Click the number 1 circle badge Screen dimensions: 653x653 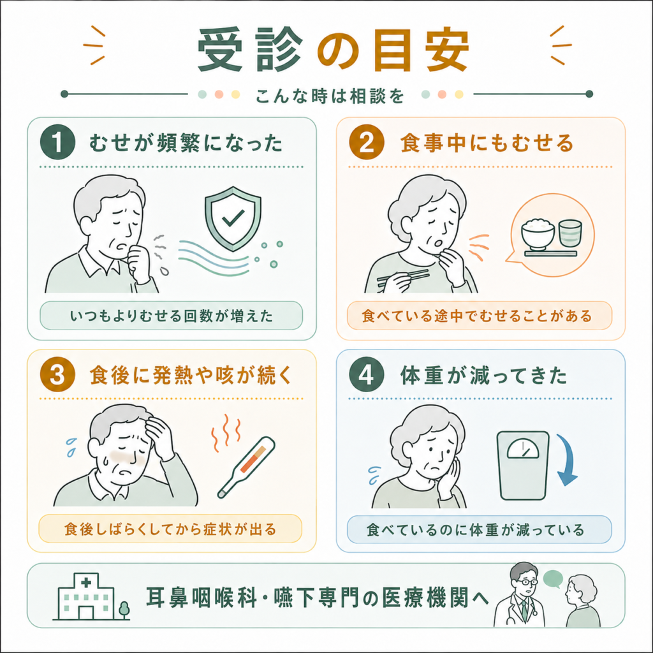[x=57, y=142]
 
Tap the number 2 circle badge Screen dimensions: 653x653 [x=367, y=142]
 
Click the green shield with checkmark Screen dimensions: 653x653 [x=233, y=219]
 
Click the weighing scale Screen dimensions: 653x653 [x=523, y=465]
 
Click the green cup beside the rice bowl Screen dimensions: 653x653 [x=570, y=233]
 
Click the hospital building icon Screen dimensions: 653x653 [x=85, y=596]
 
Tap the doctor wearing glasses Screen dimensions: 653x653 [x=520, y=596]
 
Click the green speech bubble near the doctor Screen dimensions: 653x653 [x=553, y=579]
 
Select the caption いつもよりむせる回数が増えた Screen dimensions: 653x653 [x=172, y=316]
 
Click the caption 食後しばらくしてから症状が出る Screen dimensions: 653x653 [x=170, y=529]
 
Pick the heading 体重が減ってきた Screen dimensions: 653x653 [x=483, y=375]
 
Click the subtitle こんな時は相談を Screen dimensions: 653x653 [x=330, y=96]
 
